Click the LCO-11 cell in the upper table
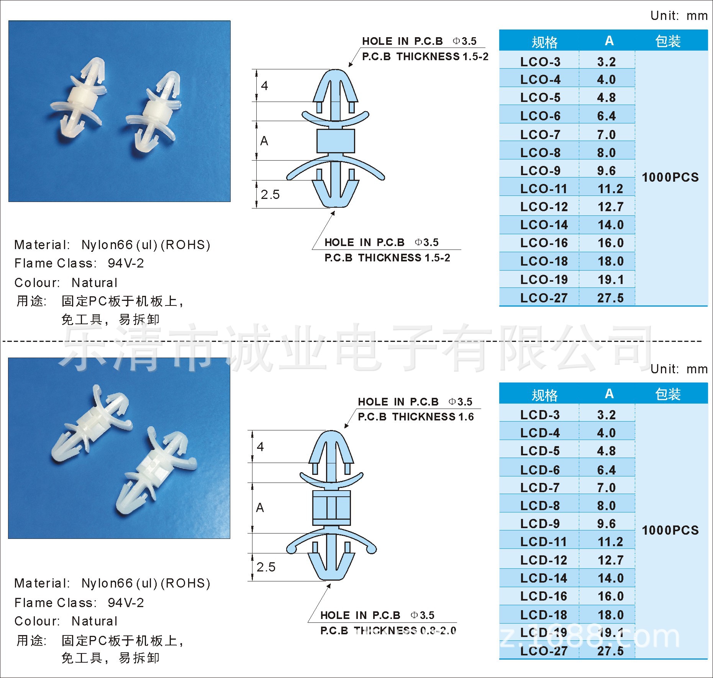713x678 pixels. (x=544, y=189)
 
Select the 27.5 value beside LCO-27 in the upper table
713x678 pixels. (x=610, y=298)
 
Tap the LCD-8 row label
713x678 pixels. (x=540, y=506)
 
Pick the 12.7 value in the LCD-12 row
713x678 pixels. (x=610, y=560)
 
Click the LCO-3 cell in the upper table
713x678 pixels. (x=540, y=62)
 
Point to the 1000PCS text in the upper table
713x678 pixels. (x=670, y=177)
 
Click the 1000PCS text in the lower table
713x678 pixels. (x=670, y=530)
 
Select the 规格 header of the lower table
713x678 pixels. (x=544, y=395)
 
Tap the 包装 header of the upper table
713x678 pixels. (x=668, y=41)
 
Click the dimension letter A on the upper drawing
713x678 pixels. (x=264, y=141)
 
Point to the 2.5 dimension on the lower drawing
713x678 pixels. (x=266, y=567)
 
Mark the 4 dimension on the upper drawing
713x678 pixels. (x=264, y=85)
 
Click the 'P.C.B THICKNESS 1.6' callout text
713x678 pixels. (x=416, y=417)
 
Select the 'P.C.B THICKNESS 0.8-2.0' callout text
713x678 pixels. (x=388, y=630)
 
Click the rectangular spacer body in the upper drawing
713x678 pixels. (x=336, y=141)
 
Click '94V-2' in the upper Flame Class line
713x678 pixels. (x=126, y=263)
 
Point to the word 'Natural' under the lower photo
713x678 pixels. (x=94, y=621)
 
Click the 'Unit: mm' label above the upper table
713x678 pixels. (x=679, y=16)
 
